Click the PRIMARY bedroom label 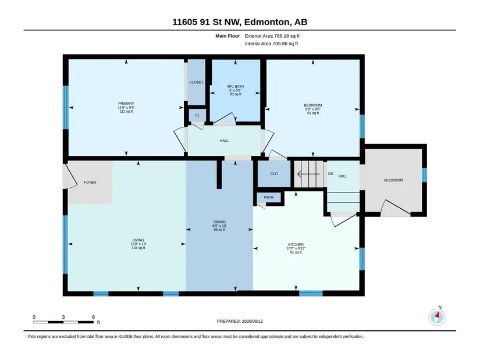(126, 104)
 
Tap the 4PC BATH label (236, 87)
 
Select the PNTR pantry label (269, 198)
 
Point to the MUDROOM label (393, 180)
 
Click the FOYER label (90, 183)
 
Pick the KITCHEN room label (296, 245)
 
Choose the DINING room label (219, 222)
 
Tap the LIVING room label (138, 240)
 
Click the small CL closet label (197, 115)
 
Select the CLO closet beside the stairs (274, 173)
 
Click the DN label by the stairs (330, 173)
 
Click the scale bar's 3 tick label (63, 317)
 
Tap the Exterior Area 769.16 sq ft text (272, 36)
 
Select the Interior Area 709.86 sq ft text (271, 44)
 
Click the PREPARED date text (240, 321)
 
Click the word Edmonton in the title (267, 22)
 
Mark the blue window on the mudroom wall (424, 175)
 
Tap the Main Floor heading (227, 36)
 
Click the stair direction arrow (308, 174)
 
